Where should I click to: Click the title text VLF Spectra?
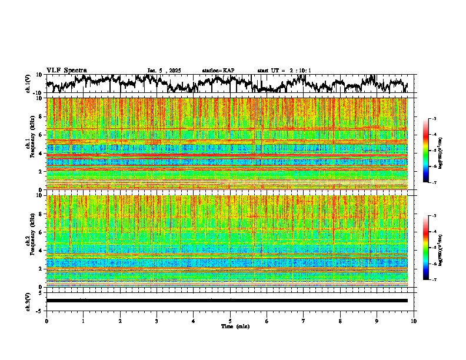point(66,71)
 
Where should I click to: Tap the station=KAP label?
point(218,71)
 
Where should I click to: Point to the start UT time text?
point(284,71)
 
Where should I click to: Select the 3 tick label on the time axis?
point(157,321)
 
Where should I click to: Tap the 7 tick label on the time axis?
point(304,321)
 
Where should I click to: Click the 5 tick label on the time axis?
point(230,321)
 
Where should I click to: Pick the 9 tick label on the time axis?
point(377,321)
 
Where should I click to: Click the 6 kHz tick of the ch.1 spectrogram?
point(41,135)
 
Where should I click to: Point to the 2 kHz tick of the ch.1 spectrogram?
point(41,172)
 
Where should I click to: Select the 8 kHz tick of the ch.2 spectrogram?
point(41,214)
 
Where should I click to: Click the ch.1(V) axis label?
point(28,84)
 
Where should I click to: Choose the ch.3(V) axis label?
point(28,301)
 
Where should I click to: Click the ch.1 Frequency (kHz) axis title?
point(31,143)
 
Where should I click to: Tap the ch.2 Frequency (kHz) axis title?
point(31,241)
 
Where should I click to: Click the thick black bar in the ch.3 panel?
point(227,301)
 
